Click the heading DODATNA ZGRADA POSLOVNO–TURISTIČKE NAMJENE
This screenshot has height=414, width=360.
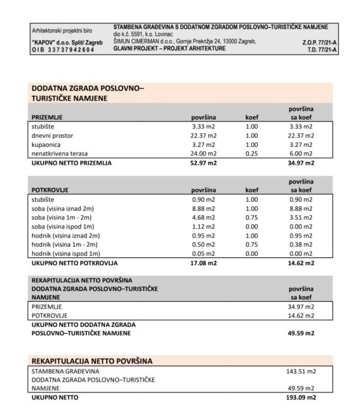click(x=88, y=93)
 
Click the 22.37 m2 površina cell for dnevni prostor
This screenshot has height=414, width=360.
click(x=204, y=136)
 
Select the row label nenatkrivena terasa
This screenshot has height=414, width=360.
click(x=61, y=154)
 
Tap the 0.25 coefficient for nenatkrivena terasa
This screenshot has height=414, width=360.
click(x=252, y=154)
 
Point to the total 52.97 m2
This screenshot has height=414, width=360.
click(x=203, y=163)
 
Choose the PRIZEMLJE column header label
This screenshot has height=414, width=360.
click(x=47, y=118)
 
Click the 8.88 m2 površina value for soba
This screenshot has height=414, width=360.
click(x=204, y=208)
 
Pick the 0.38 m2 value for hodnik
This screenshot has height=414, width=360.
click(x=301, y=245)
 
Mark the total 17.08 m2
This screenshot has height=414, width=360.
click(x=203, y=263)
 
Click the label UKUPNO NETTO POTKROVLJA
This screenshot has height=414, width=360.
click(x=74, y=263)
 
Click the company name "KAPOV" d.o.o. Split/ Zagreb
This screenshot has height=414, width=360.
click(x=67, y=43)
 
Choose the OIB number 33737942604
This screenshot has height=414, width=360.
click(x=62, y=49)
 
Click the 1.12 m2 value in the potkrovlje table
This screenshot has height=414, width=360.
click(x=204, y=226)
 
